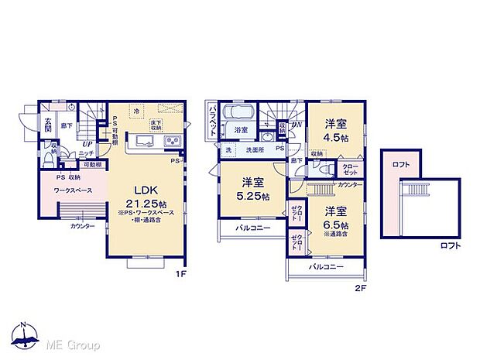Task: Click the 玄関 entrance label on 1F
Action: coord(47,124)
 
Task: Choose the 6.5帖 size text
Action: coord(337,224)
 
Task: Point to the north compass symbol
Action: coord(25,334)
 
